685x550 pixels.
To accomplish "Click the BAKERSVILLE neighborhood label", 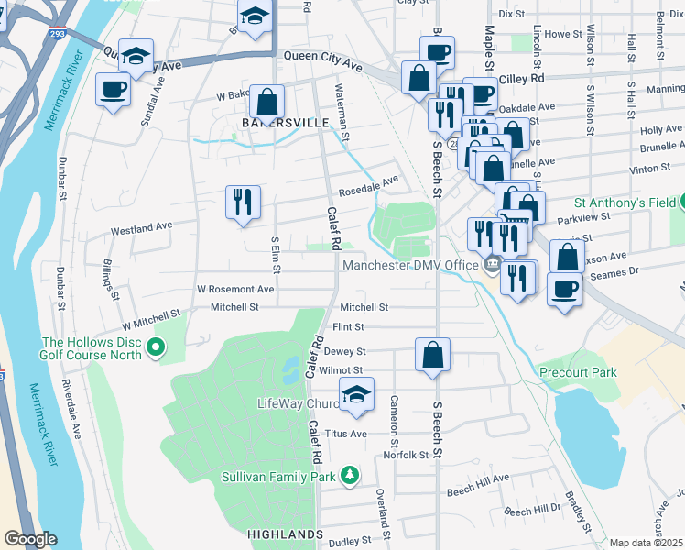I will (x=258, y=122).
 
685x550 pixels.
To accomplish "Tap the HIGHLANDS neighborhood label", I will (x=285, y=533).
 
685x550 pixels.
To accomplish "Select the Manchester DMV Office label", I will (x=410, y=266).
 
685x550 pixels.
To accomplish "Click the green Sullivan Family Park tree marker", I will (x=349, y=475).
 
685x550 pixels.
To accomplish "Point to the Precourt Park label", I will (x=577, y=372).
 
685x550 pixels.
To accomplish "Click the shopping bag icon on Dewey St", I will (x=432, y=354).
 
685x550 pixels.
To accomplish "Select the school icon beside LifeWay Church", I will (x=355, y=394).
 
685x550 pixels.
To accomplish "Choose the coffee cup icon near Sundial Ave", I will (x=113, y=90).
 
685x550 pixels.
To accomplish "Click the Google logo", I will (x=30, y=539).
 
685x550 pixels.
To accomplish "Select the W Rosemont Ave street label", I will (x=235, y=289).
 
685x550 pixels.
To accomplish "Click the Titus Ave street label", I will (x=347, y=434).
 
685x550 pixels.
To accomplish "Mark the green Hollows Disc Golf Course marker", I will (x=155, y=346).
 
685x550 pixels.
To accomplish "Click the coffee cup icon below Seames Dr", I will (x=564, y=290).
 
